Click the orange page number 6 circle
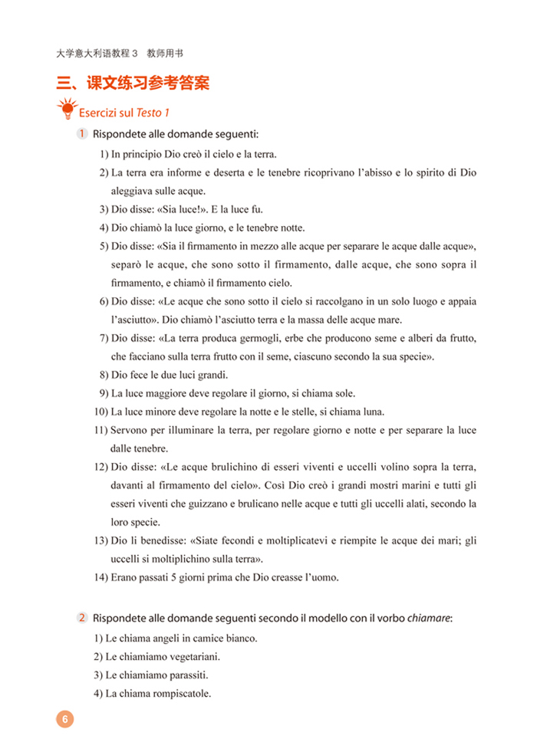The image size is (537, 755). [64, 719]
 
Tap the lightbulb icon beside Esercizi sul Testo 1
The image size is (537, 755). [67, 110]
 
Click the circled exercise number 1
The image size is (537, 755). [81, 135]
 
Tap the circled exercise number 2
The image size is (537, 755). [81, 618]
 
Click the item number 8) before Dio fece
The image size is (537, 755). [104, 376]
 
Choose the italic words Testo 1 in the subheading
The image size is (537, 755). [150, 113]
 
